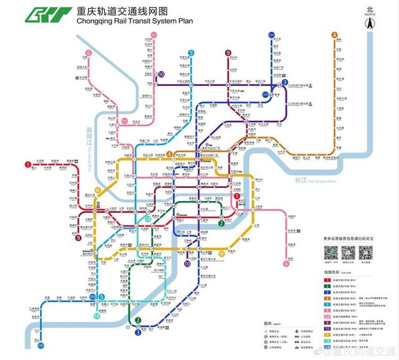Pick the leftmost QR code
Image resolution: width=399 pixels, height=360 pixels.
pyautogui.click(x=330, y=252)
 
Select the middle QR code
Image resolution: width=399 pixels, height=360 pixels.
pyautogui.click(x=348, y=252)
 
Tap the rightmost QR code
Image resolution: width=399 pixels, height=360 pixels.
pyautogui.click(x=365, y=252)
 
